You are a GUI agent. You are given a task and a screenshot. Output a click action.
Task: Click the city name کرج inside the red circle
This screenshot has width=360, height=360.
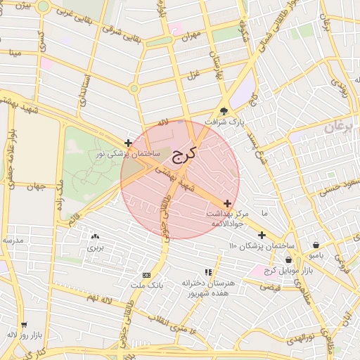click(185, 154)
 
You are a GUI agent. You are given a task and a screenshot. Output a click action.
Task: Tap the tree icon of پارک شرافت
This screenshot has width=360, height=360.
click(224, 110)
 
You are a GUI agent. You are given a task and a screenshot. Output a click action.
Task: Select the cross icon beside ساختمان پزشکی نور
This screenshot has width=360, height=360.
click(127, 142)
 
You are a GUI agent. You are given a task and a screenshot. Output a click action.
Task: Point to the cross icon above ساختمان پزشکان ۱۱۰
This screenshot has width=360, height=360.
click(262, 235)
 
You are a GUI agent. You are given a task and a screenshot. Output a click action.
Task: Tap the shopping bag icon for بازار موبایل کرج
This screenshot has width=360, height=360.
click(289, 259)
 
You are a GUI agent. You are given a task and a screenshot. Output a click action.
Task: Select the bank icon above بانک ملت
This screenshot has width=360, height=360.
click(146, 275)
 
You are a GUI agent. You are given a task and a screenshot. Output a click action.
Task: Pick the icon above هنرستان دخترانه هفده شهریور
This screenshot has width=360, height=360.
click(207, 271)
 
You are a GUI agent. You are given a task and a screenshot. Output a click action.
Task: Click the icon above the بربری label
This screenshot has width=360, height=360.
click(95, 238)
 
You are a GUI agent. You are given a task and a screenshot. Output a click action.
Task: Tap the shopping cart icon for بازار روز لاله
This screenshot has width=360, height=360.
click(24, 325)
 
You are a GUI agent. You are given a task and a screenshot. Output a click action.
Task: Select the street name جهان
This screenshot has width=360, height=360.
click(33, 187)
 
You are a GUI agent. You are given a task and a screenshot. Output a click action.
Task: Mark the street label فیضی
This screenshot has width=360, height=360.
click(270, 287)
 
